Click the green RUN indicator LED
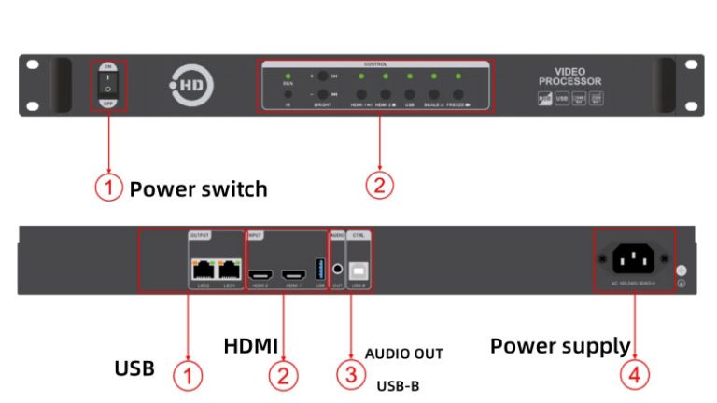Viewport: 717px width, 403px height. pyautogui.click(x=288, y=76)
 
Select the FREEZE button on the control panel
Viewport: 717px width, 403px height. pyautogui.click(x=458, y=94)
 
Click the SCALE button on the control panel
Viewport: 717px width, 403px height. pyautogui.click(x=434, y=94)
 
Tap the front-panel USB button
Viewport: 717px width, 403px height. pyautogui.click(x=409, y=94)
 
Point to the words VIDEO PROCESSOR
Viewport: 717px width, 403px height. pyautogui.click(x=570, y=76)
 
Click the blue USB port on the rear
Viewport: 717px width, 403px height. pyautogui.click(x=320, y=271)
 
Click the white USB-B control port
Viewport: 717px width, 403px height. pyautogui.click(x=358, y=271)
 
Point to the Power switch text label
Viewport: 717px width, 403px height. pyautogui.click(x=198, y=189)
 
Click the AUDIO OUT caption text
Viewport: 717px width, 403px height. pyautogui.click(x=403, y=354)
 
